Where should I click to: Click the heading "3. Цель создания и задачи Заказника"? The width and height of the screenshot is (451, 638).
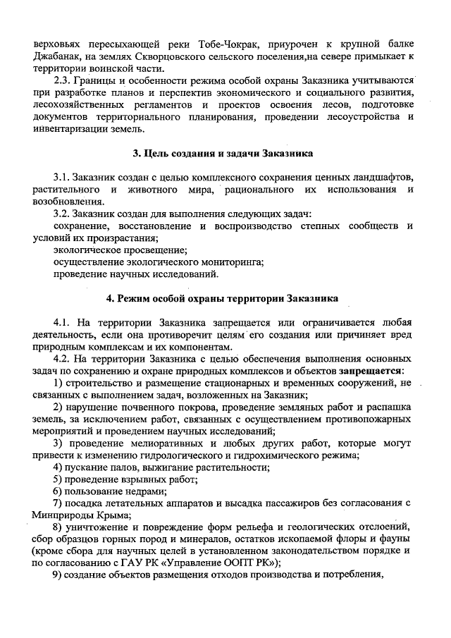[x=223, y=153]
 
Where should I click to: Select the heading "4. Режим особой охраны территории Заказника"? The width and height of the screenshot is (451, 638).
[x=222, y=298]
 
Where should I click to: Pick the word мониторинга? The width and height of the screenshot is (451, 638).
[x=226, y=262]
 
